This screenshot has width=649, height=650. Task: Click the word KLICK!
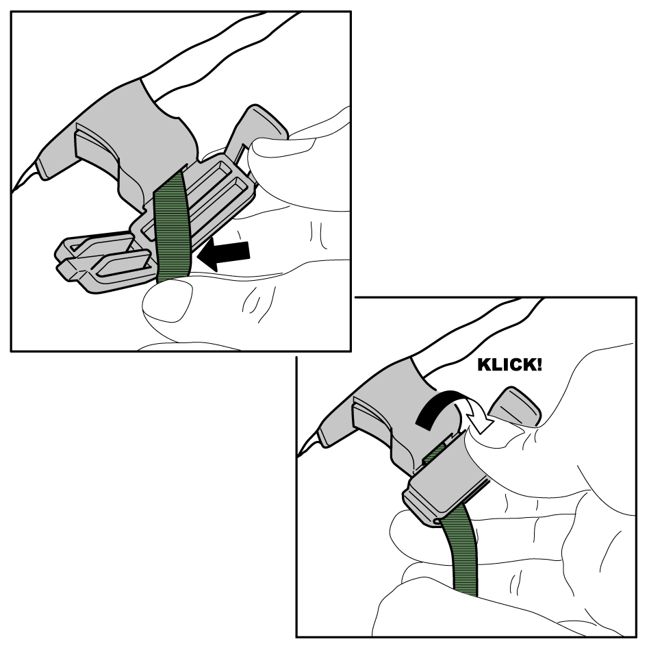[510, 365]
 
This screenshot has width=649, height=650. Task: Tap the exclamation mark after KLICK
[538, 365]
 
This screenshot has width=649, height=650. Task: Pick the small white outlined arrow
[477, 416]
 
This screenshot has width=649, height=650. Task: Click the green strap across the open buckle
[172, 226]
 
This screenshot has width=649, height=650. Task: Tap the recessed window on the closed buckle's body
[373, 419]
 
